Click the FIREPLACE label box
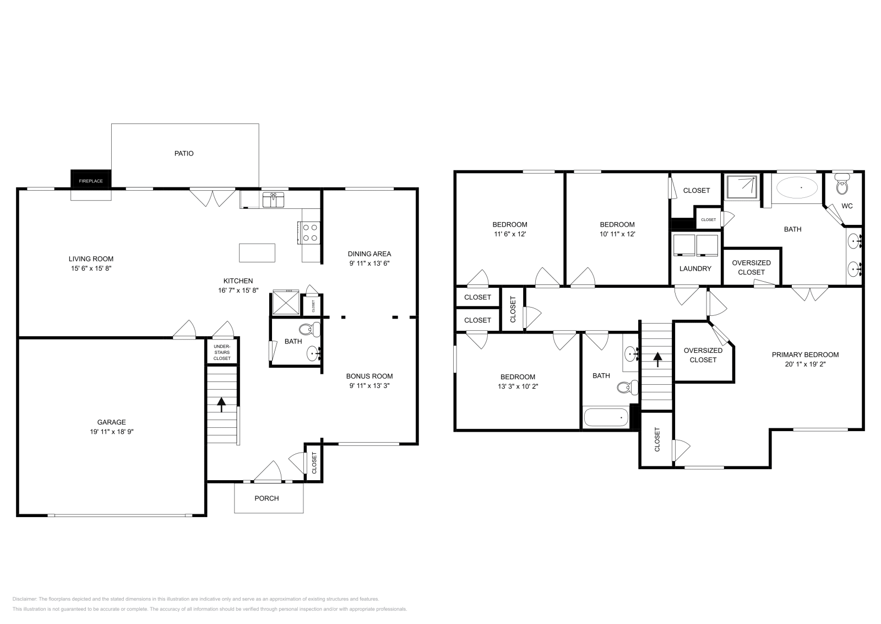[90, 180]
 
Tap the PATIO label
[184, 153]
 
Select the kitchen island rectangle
[257, 252]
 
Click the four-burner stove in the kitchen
[309, 232]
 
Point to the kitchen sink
[273, 199]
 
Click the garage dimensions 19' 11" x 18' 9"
[112, 432]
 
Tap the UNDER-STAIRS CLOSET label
[222, 352]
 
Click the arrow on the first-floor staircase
[221, 405]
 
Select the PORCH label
[267, 498]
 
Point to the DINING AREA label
[369, 254]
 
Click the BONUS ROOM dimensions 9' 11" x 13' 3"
[369, 386]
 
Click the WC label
[847, 206]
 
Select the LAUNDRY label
[695, 268]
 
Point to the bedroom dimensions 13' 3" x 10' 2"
[518, 386]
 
